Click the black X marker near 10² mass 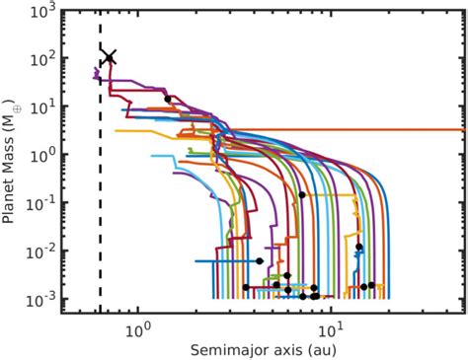click(x=110, y=57)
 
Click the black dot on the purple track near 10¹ click(x=168, y=99)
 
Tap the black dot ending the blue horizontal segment click(x=260, y=261)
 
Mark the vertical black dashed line click(x=100, y=197)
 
